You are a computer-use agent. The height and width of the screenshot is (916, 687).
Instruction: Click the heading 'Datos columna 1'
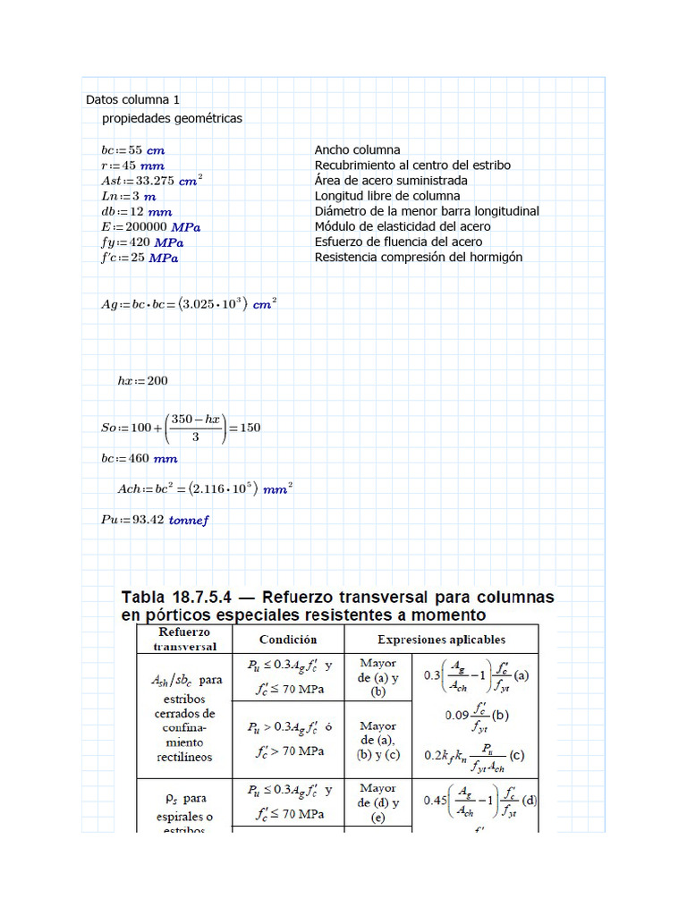point(132,99)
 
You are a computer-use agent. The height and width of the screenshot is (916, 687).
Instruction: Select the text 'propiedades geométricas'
point(172,118)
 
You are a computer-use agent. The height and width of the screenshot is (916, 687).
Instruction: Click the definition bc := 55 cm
point(132,150)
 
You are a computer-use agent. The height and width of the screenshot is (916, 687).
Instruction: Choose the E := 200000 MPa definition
point(150,226)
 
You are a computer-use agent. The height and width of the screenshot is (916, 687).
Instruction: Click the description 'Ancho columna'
point(357,150)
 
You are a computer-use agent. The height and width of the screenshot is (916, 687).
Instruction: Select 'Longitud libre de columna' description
point(387,196)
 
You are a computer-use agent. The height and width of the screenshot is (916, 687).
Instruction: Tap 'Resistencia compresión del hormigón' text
point(418,257)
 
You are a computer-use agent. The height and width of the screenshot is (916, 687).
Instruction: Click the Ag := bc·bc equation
point(189,303)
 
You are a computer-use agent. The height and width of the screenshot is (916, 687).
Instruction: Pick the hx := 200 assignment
point(142,380)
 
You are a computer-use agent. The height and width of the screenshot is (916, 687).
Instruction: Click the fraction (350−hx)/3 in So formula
point(196,427)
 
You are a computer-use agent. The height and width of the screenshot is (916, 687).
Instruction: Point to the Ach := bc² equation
point(205,488)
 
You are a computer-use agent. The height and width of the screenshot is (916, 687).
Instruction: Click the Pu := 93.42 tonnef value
point(155,520)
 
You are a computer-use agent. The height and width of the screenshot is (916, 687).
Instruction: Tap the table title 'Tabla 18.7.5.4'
point(182,597)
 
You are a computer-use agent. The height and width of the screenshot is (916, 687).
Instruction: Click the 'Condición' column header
point(288,640)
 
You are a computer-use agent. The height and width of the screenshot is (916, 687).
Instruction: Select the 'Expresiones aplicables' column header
point(441,640)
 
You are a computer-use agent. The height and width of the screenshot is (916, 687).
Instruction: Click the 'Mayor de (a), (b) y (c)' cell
point(377,740)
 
